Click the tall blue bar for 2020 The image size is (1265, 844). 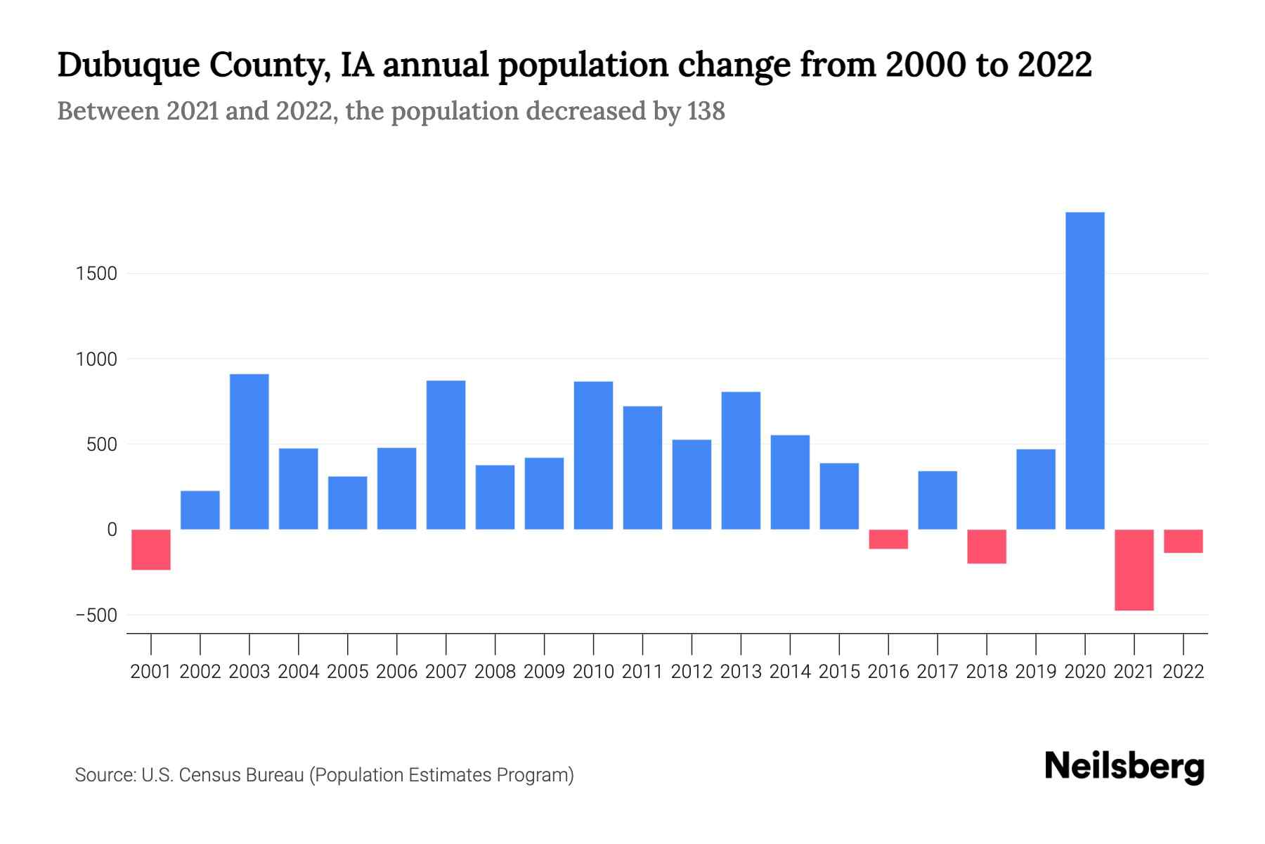click(x=1084, y=371)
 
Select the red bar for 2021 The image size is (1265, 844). click(x=1134, y=570)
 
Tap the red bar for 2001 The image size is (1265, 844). click(x=151, y=549)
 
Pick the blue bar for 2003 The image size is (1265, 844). click(x=249, y=452)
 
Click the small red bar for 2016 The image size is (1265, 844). click(x=888, y=539)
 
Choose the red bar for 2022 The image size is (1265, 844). click(x=1183, y=541)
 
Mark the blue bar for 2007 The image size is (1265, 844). click(x=446, y=454)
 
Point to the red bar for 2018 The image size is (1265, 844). click(x=987, y=546)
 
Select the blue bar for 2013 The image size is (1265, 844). click(x=741, y=460)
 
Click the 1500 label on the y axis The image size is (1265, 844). click(x=96, y=274)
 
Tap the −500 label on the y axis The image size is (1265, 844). click(x=96, y=615)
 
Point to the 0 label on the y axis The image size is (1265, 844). click(x=111, y=530)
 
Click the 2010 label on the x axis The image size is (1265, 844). click(x=593, y=672)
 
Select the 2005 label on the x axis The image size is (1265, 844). click(x=347, y=672)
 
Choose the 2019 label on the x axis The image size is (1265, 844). click(x=1035, y=672)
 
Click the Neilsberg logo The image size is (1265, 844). click(x=1124, y=767)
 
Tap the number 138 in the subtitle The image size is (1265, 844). click(x=706, y=111)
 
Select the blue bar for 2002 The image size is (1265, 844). click(x=200, y=510)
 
